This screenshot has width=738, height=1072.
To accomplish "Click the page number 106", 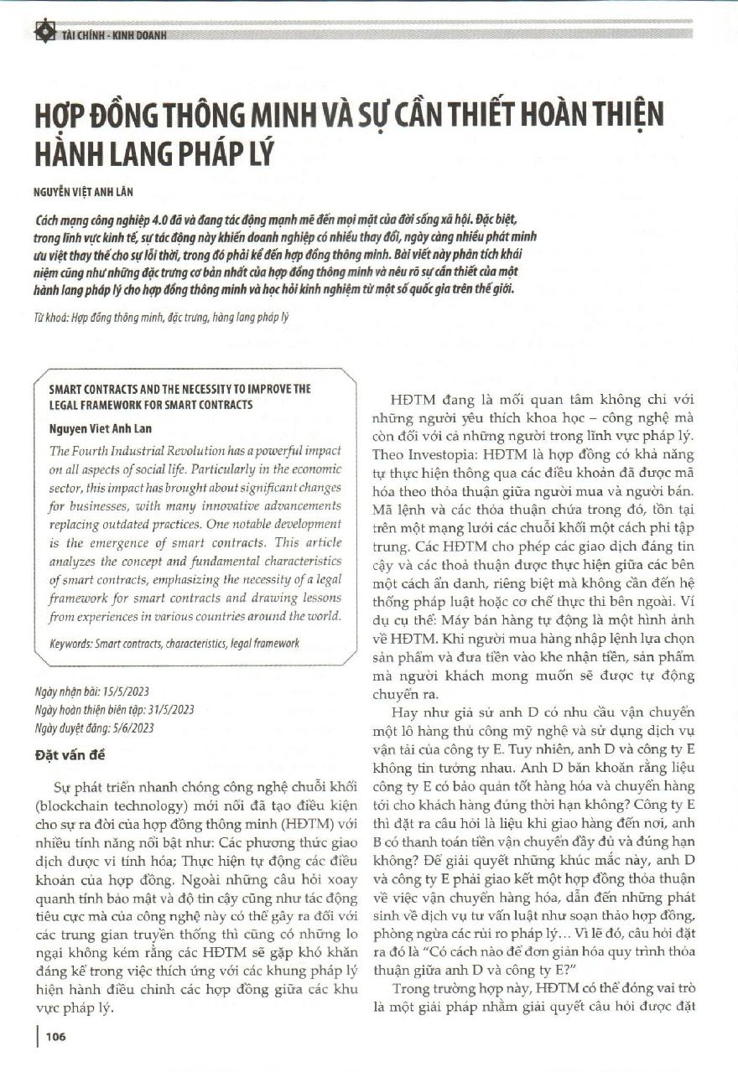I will [56, 1037].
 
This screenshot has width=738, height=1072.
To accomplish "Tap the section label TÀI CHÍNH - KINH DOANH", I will [114, 35].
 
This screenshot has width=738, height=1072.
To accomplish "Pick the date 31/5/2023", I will [169, 709].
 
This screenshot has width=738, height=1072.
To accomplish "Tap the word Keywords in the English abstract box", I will [73, 643].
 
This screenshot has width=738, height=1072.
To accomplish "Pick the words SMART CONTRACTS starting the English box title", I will [88, 389].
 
